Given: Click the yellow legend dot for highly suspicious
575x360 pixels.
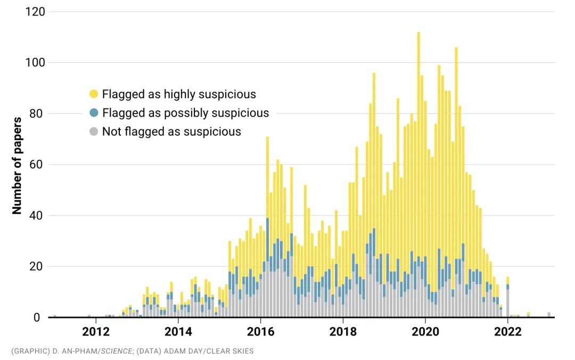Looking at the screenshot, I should point(94,94).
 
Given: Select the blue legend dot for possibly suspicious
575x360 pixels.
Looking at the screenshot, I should point(94,113).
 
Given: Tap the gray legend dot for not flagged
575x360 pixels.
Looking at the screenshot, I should point(94,132).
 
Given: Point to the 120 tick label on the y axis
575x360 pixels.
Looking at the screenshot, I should point(35,12).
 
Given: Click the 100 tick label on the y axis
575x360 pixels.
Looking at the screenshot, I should point(35,62).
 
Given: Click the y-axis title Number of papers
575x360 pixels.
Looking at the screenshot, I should point(17,165).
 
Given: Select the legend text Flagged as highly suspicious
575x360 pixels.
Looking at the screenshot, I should point(179,94).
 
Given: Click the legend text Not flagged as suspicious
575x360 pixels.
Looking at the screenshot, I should point(171,132).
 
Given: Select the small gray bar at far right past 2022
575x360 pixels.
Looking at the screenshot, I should point(549,315).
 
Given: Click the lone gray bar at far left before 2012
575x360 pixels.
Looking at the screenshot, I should point(54,316).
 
